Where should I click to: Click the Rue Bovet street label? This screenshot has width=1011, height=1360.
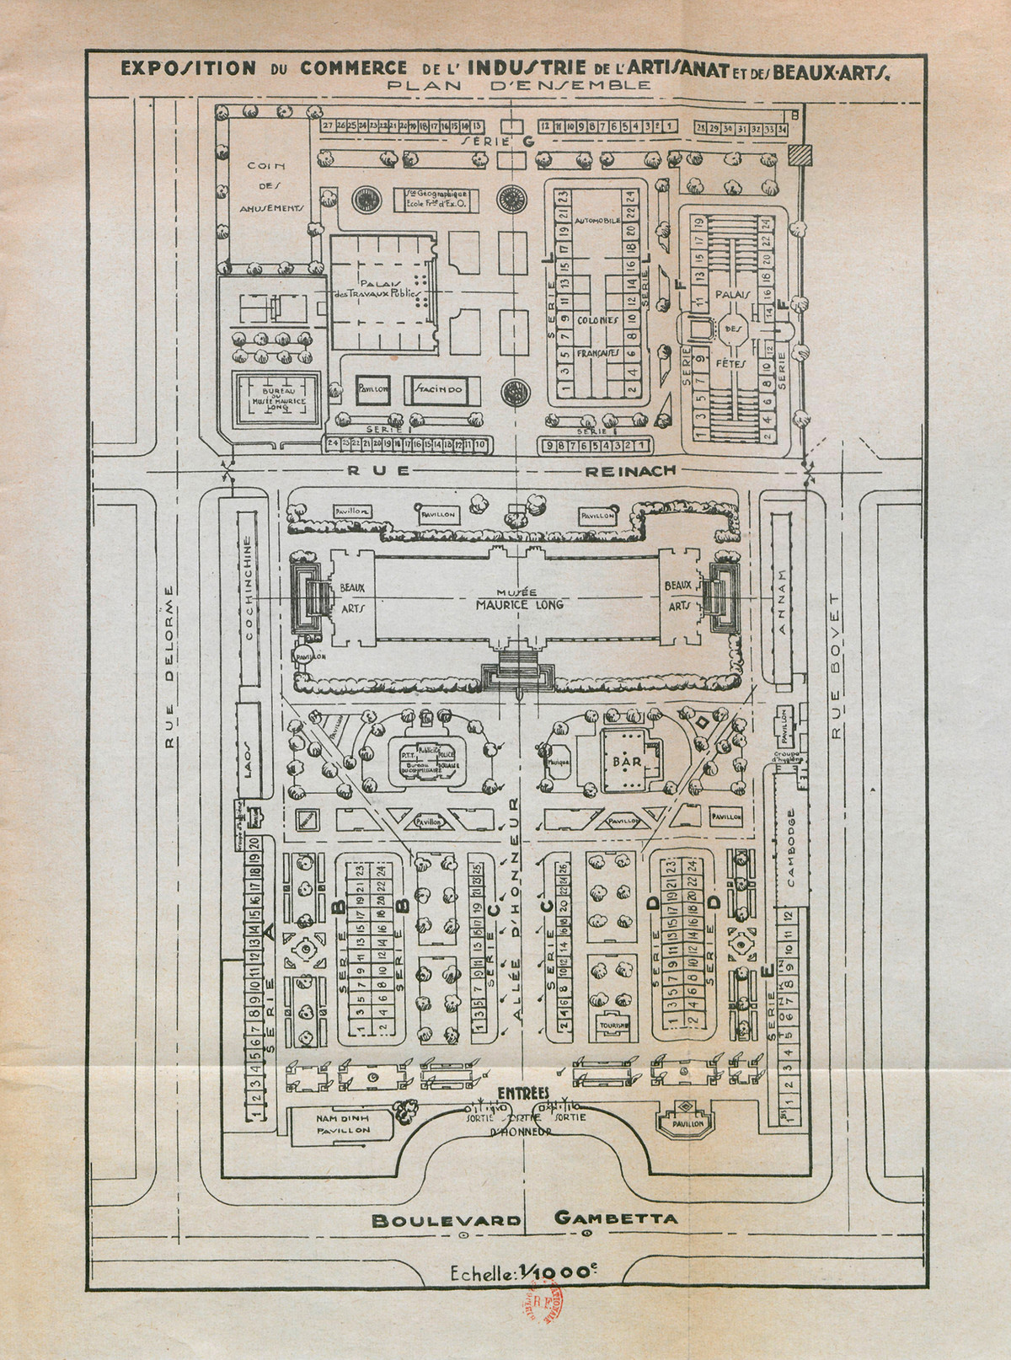[836, 666]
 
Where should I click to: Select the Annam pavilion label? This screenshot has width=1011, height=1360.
[783, 592]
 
